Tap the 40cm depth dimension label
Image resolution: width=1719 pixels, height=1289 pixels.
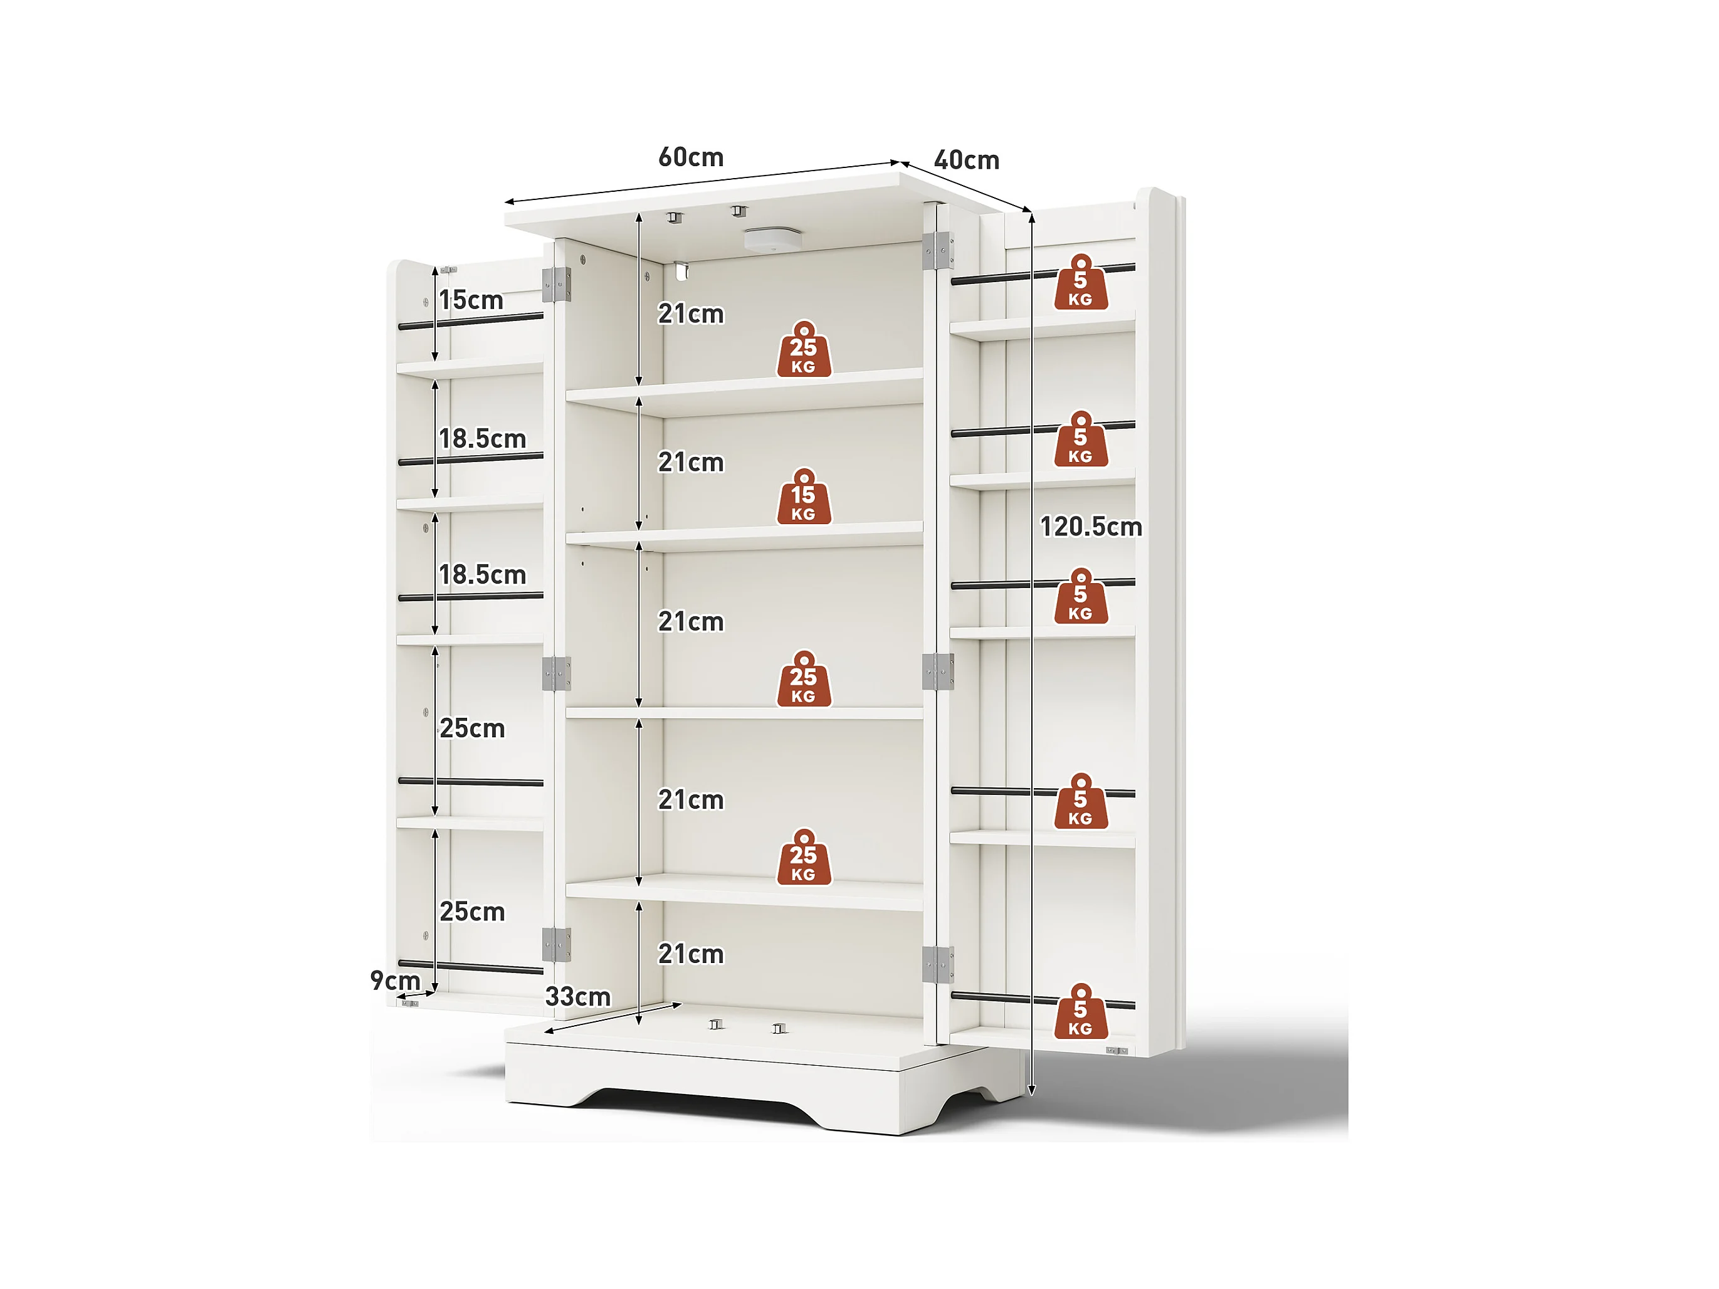966,160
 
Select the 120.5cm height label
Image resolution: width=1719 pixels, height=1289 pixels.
1090,527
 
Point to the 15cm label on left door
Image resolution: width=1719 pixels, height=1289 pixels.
471,300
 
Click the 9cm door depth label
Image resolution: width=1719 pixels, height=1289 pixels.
395,981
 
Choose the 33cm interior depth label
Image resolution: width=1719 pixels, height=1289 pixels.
577,997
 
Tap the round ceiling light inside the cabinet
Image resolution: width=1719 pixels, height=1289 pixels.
772,238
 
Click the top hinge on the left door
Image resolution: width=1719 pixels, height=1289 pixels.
557,285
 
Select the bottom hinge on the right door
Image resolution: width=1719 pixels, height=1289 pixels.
937,964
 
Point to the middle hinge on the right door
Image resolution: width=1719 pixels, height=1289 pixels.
937,671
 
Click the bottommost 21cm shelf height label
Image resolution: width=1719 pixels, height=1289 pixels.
691,954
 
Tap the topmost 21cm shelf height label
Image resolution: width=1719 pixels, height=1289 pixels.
691,314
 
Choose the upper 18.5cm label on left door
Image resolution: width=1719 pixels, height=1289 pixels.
482,439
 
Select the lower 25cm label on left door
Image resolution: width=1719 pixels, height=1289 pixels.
471,912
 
